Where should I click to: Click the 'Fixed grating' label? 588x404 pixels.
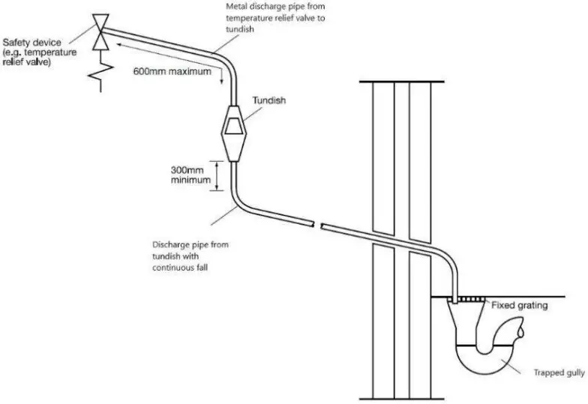tap(518, 305)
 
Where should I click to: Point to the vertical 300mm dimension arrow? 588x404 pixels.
tap(219, 175)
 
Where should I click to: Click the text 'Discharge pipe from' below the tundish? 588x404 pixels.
tap(184, 244)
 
